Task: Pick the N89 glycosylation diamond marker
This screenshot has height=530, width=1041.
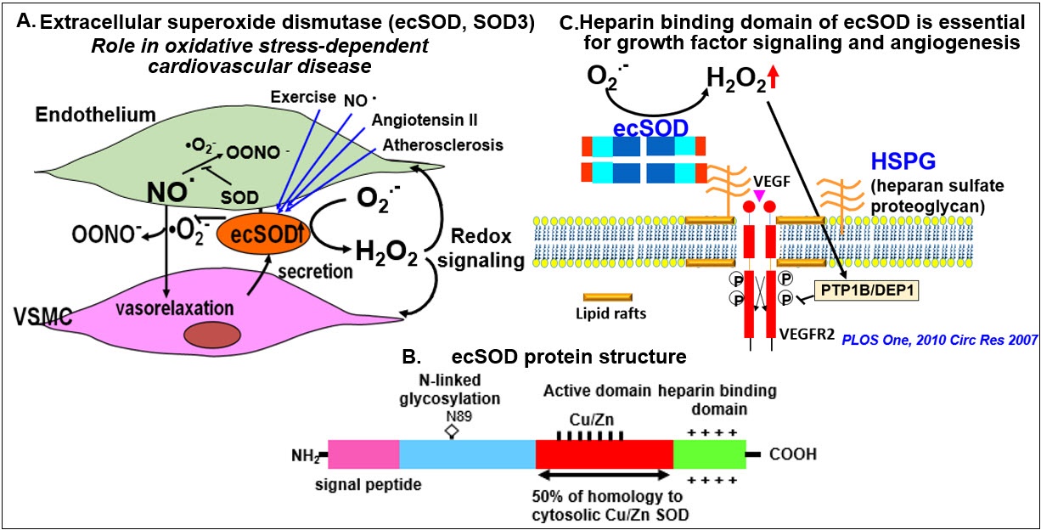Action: (453, 431)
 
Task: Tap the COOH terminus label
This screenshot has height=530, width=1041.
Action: (793, 454)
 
